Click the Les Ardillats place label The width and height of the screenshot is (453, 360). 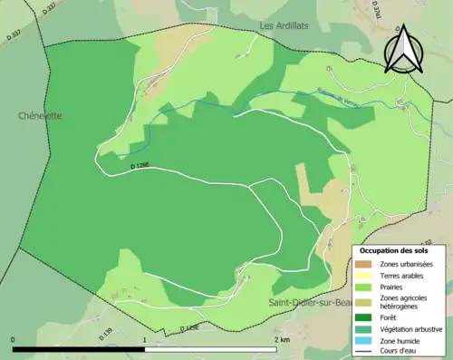point(284,25)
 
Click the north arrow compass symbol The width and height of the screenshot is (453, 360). point(403,50)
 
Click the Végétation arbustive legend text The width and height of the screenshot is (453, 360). point(413,329)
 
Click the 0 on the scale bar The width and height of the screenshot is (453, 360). point(14,340)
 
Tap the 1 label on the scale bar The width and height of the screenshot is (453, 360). point(145,340)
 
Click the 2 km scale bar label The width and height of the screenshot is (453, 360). point(282,340)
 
